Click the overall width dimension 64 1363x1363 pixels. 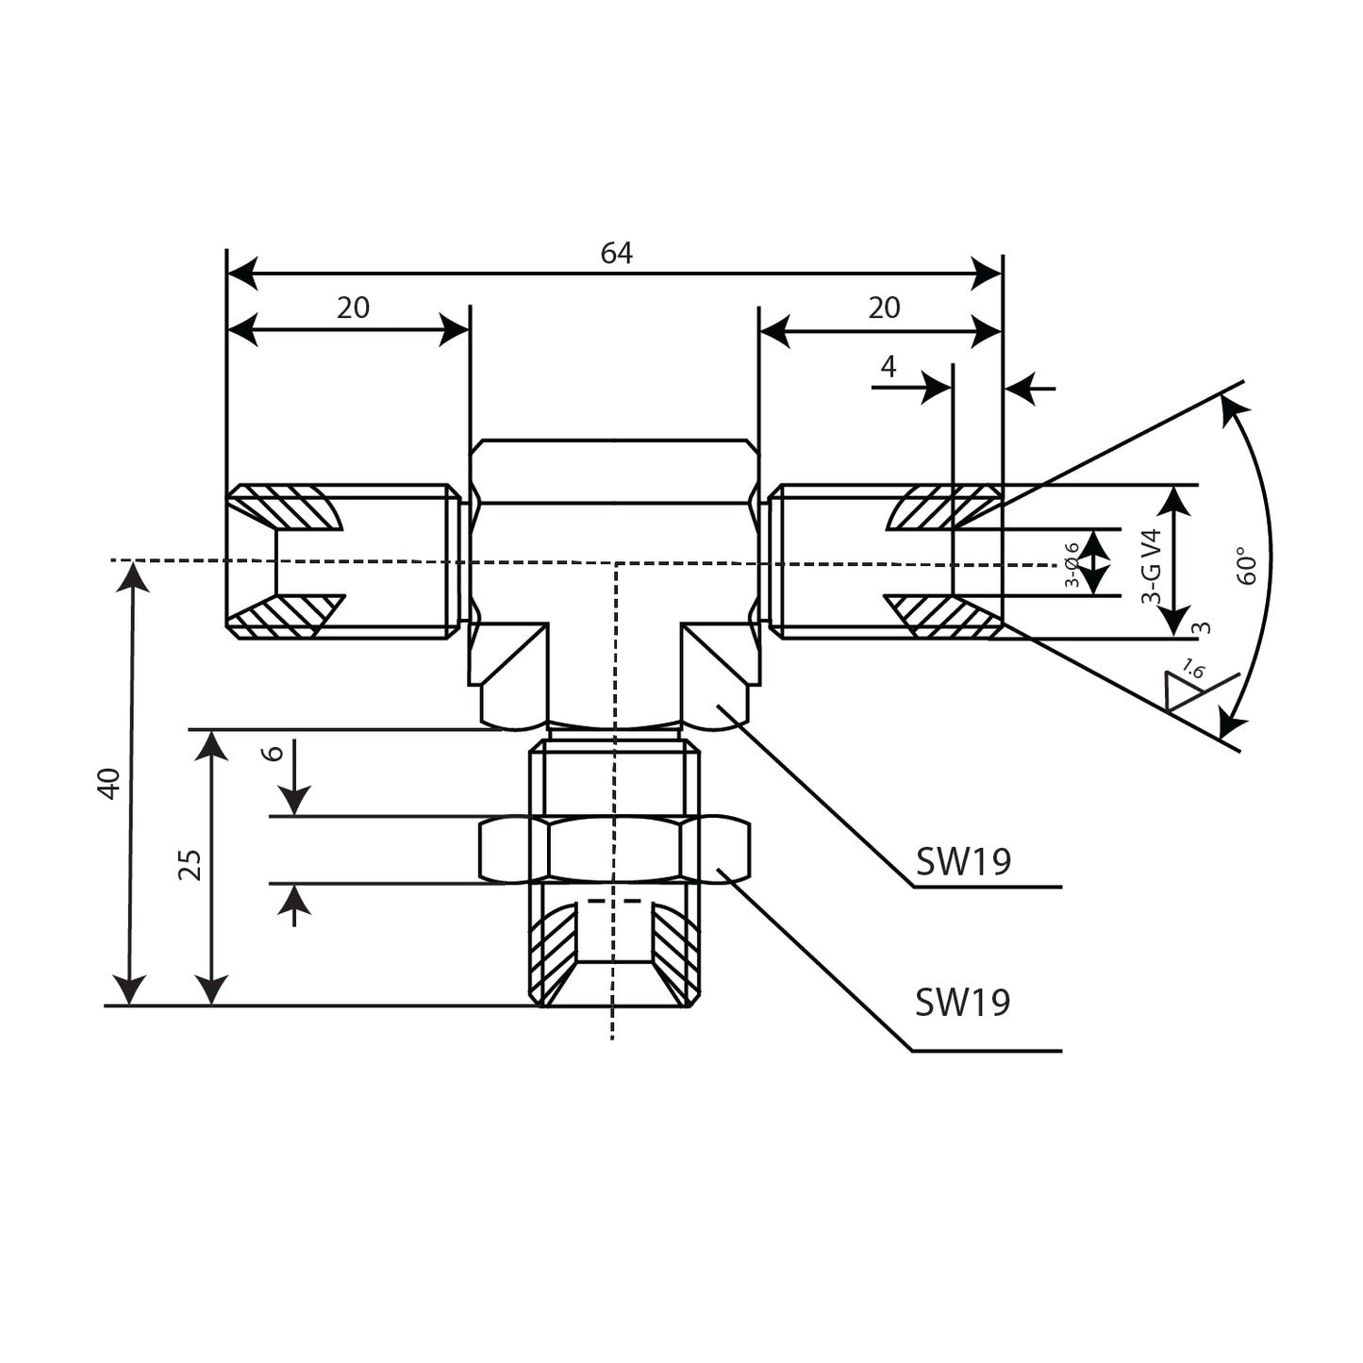[x=616, y=253]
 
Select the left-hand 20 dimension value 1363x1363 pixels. [x=354, y=308]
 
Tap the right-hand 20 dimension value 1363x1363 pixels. [x=884, y=308]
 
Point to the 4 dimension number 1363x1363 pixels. [x=888, y=366]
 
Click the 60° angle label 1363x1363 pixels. [x=1247, y=565]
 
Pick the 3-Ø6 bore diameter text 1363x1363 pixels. [x=1072, y=565]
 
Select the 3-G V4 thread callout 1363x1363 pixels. [x=1150, y=566]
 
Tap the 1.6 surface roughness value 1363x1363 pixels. [x=1193, y=670]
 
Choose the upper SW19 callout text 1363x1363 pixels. [x=963, y=861]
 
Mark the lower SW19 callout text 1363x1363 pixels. [x=962, y=1002]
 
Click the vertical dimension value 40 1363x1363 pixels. [x=109, y=783]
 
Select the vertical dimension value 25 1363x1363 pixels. [x=191, y=865]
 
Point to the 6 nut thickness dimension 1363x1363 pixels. [x=273, y=753]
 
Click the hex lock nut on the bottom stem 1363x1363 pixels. [x=615, y=849]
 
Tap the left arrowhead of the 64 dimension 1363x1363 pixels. [x=241, y=274]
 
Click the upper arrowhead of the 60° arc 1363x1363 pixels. [x=1235, y=407]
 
